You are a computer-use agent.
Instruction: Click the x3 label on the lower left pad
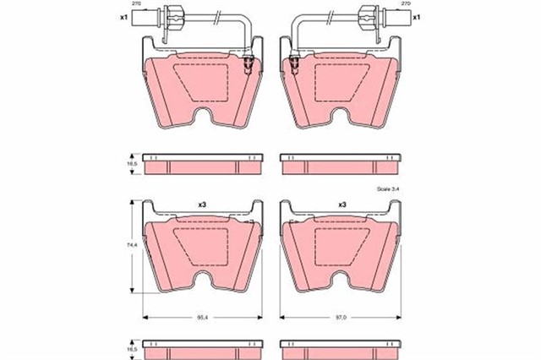pos(203,205)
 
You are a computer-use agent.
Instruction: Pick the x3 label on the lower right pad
pos(343,205)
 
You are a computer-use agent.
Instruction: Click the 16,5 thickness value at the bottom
pos(130,350)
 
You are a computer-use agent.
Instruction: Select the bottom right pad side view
pos(342,350)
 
